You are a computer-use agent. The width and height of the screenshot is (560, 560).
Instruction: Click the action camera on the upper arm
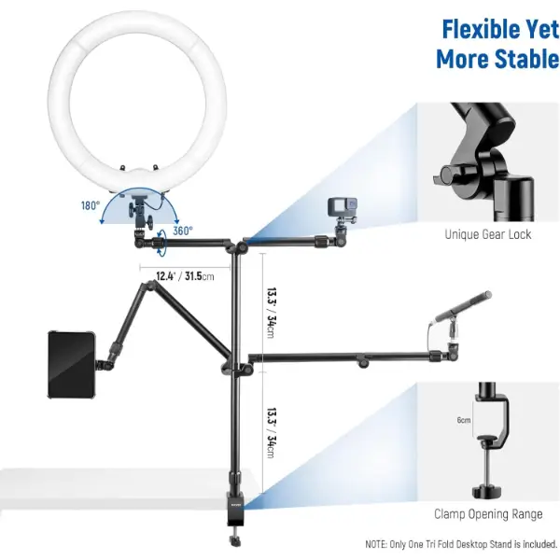click(343, 207)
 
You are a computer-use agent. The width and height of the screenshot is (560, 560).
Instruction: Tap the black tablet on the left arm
click(72, 365)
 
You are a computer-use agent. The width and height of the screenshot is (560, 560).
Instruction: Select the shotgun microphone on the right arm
click(463, 306)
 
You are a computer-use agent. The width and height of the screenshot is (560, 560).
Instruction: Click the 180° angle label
click(91, 205)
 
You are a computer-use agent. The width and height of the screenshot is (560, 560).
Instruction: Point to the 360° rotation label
click(183, 231)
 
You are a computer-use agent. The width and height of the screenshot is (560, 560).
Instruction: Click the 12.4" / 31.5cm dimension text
click(185, 276)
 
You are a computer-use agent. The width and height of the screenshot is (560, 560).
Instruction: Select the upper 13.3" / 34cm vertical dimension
click(273, 313)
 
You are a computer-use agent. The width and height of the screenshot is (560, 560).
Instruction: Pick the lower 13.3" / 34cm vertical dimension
click(273, 433)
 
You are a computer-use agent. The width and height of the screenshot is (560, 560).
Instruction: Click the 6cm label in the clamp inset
click(464, 420)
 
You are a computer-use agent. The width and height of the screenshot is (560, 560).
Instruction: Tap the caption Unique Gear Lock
click(488, 234)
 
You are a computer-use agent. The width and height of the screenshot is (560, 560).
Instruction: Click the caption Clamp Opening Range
click(488, 514)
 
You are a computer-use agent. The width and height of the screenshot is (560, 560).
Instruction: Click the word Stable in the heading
click(527, 59)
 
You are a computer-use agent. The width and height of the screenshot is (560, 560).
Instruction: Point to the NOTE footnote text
click(461, 544)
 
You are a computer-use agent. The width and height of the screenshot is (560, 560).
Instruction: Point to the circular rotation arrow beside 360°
click(161, 243)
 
